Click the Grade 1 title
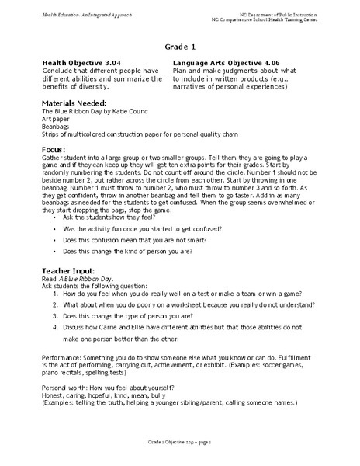[180, 47]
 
